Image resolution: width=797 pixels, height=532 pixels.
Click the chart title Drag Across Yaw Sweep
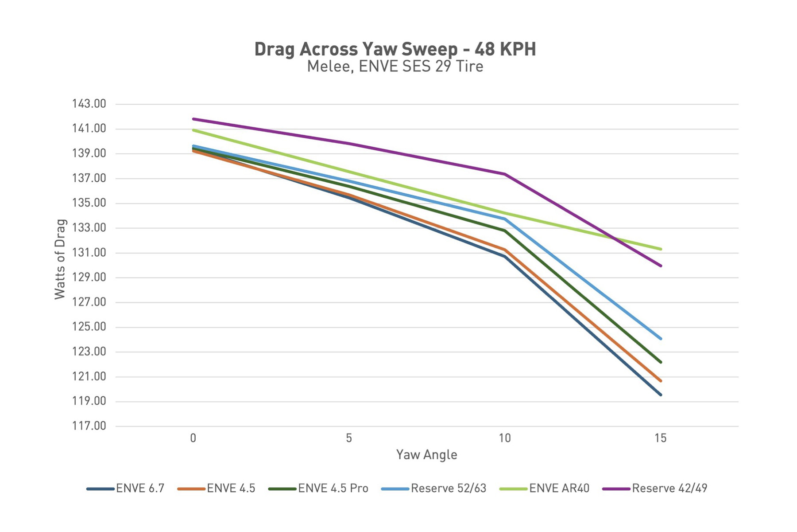tap(395, 49)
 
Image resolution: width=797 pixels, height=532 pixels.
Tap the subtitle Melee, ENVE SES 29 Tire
tap(395, 66)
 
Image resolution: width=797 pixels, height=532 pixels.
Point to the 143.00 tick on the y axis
tap(89, 104)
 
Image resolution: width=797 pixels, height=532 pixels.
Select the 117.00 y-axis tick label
tap(89, 426)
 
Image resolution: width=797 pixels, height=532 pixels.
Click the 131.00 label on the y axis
tap(89, 253)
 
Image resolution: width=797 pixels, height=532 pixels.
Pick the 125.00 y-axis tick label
tap(89, 327)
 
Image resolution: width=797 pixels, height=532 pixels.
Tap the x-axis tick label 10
tap(505, 438)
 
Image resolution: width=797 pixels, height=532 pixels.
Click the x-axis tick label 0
tap(193, 438)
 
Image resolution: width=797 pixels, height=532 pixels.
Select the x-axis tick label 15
tap(660, 438)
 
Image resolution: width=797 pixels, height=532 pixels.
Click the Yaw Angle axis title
tap(426, 455)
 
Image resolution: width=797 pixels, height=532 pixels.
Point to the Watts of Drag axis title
tap(60, 259)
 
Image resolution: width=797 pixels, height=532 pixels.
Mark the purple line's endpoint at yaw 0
tap(193, 119)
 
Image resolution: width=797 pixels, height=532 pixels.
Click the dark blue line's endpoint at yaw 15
tap(661, 395)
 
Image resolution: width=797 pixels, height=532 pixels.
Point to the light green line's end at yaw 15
tap(661, 249)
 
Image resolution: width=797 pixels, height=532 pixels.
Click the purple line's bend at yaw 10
tap(505, 174)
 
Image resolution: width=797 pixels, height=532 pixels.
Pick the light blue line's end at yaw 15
tap(661, 339)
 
